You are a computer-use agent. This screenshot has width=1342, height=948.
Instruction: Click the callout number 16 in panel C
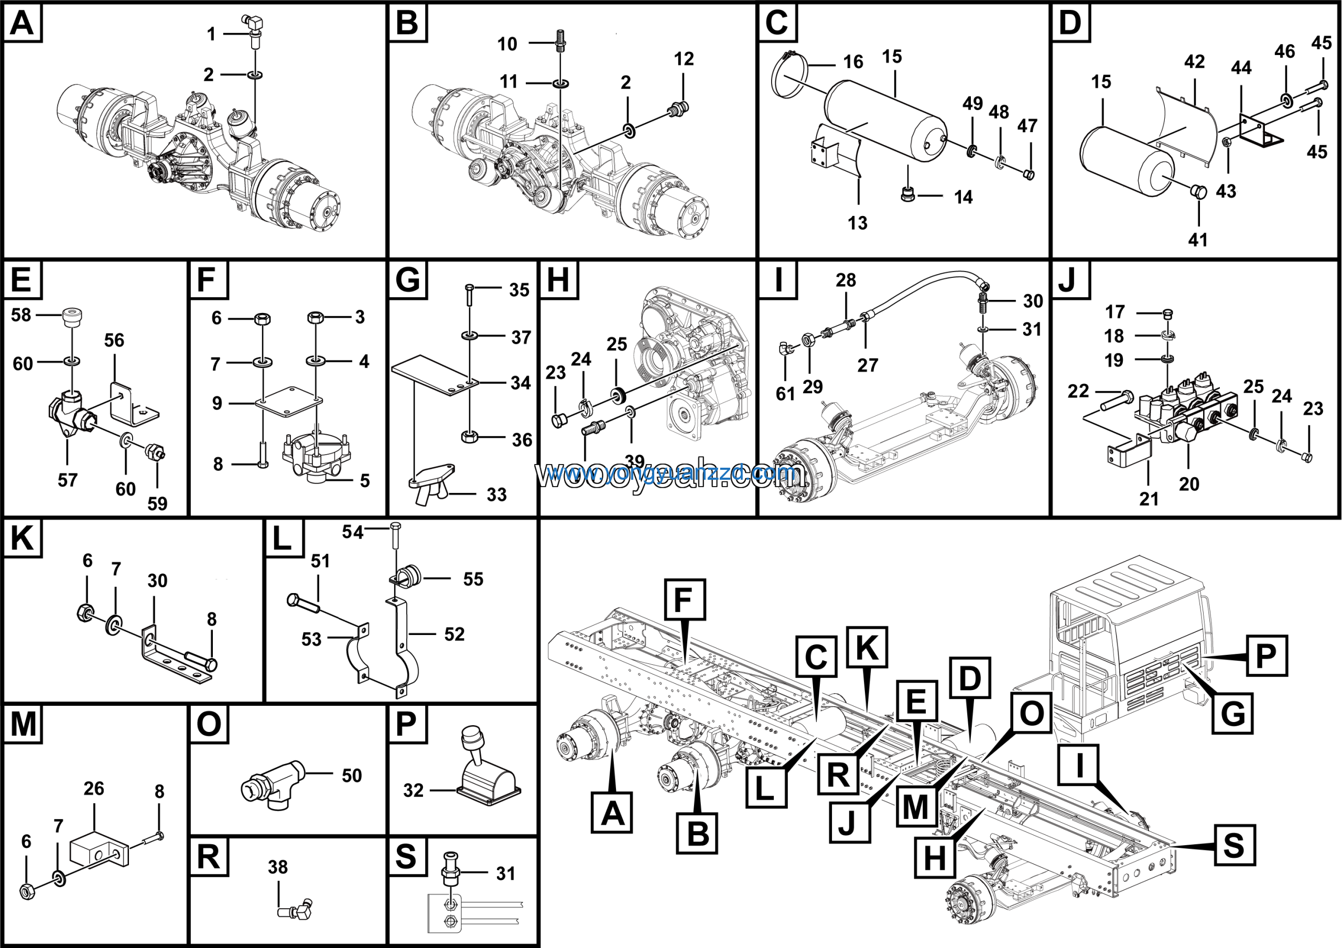[853, 62]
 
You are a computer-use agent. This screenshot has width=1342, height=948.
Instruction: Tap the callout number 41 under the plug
[1198, 240]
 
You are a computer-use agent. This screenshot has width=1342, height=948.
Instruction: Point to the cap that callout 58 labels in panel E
[72, 318]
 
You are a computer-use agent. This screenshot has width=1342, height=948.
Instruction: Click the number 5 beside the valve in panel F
[365, 480]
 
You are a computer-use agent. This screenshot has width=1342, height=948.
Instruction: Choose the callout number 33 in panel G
[496, 495]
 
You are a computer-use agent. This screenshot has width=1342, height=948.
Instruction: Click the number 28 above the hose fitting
[846, 281]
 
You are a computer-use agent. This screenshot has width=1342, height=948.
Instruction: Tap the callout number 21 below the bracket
[1149, 499]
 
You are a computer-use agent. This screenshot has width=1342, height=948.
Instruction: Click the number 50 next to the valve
[351, 775]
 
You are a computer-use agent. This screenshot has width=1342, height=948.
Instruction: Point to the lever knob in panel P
[472, 738]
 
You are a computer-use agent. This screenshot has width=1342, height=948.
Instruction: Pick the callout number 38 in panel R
[278, 867]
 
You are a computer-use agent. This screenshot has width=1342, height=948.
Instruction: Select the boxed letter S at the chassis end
[1234, 845]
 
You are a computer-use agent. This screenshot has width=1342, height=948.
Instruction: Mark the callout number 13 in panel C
[858, 223]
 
